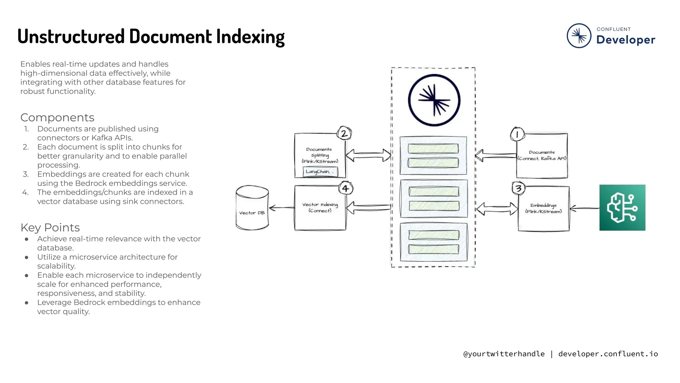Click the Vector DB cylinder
pos(252,208)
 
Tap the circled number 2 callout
pos(344,134)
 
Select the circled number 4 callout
pos(346,189)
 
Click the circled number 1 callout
pos(517,134)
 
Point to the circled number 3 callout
pos(518,189)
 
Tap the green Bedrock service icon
pos(622,207)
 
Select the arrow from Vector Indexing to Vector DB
pos(282,208)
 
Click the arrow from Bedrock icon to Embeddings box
pos(584,208)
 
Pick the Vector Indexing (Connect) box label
pos(320,207)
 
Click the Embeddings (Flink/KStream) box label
pos(544,208)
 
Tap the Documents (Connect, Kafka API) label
pos(542,155)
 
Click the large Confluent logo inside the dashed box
pos(434,100)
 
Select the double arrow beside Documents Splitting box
pos(368,155)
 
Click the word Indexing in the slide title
pos(250,37)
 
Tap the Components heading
pos(57,117)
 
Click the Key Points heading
pos(50,227)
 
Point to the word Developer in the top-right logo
pos(626,40)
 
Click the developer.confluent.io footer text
pos(608,354)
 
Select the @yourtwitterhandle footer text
pos(504,354)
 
